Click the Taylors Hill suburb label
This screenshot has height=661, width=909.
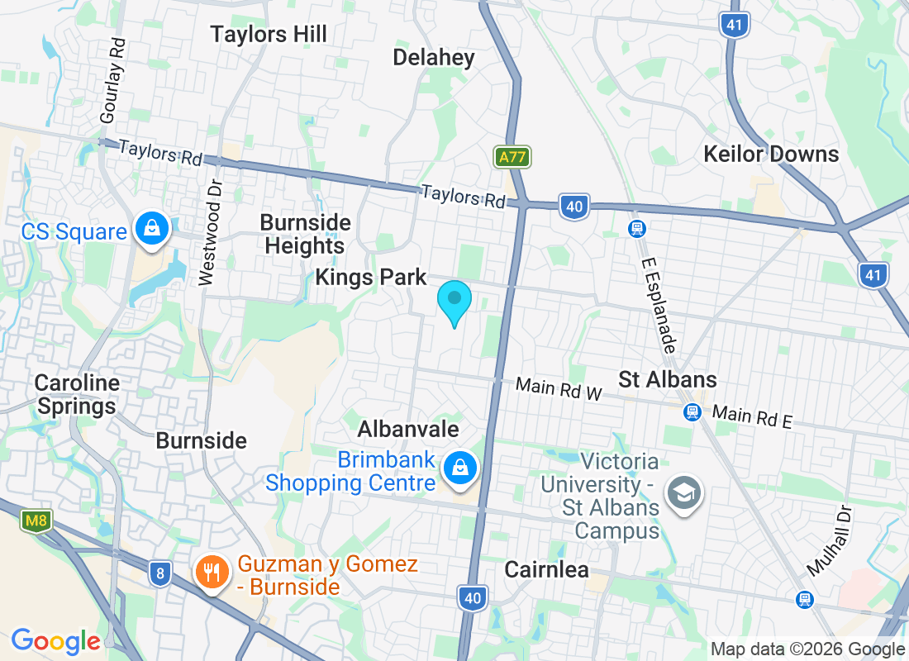[269, 35]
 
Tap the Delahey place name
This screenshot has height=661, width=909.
[434, 57]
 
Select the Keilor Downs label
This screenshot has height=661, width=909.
[771, 154]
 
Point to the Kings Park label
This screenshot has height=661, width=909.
[371, 277]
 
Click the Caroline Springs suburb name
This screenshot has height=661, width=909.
[77, 395]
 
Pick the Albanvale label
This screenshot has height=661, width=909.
[408, 430]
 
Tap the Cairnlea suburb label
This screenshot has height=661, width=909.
[547, 569]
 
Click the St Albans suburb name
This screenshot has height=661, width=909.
[668, 380]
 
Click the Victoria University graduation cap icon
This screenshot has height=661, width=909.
[684, 493]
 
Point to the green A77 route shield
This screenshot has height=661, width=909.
[512, 157]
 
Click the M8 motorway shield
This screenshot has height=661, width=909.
[36, 521]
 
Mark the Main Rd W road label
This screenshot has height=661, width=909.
[559, 388]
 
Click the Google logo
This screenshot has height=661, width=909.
[55, 640]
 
